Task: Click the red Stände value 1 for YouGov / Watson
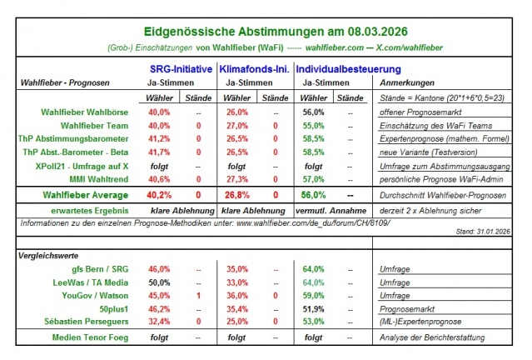tap(198, 296)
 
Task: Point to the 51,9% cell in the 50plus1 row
tap(313, 309)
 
